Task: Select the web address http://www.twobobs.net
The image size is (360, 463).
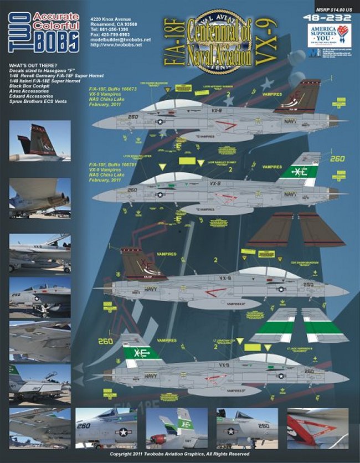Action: click(x=111, y=45)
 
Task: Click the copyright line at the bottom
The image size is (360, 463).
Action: click(x=179, y=454)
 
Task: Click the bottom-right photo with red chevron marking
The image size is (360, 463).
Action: click(x=317, y=428)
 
